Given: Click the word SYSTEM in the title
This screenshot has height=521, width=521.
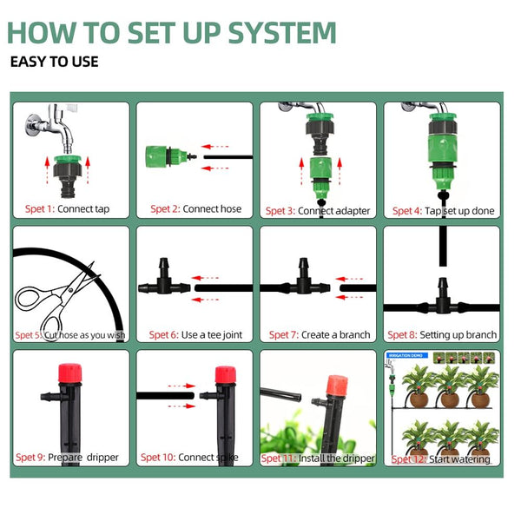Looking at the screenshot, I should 281,32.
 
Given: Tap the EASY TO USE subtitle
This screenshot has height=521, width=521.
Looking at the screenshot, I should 54,62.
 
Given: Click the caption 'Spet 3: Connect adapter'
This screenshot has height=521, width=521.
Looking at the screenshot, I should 318,211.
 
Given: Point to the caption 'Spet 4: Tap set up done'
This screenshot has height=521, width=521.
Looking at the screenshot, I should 443,211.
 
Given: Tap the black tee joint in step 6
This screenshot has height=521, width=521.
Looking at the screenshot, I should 164,286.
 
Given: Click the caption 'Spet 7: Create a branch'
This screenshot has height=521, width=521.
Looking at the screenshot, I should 319,335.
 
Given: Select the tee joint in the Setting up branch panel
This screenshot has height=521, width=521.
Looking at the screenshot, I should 444,305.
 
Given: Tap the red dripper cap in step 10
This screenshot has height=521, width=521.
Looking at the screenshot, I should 226,376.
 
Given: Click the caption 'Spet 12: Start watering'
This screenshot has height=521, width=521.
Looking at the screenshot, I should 440,459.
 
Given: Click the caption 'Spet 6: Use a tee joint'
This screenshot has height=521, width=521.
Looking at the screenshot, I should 195,335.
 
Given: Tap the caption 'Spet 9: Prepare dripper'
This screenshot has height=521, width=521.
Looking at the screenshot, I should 67,458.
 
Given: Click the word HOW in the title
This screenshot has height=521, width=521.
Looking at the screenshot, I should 42,32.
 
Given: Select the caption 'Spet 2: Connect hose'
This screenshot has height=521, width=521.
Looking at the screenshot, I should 195,209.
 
